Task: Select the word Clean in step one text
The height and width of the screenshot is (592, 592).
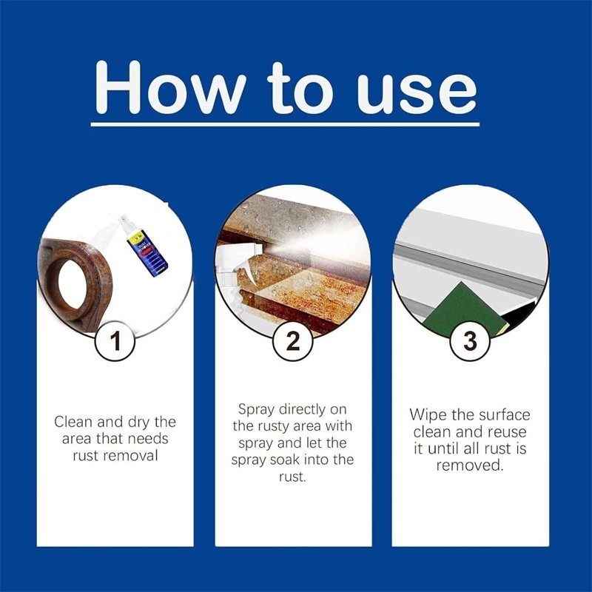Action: pyautogui.click(x=73, y=422)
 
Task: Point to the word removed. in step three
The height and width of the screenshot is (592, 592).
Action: pyautogui.click(x=470, y=465)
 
